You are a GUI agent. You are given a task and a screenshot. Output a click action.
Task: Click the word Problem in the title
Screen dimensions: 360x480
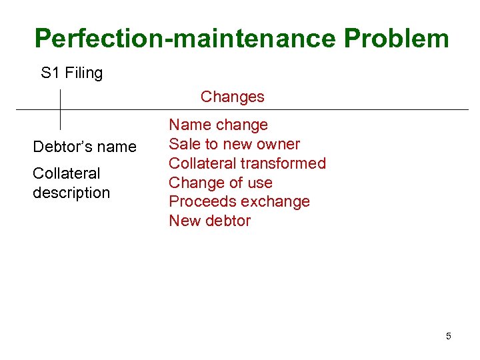pos(397,39)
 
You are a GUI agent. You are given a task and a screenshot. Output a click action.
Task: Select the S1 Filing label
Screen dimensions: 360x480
pos(72,73)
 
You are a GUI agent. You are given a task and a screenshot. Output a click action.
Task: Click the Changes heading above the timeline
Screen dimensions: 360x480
pos(232,97)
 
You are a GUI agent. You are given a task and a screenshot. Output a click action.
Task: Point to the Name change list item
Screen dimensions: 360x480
pos(218,125)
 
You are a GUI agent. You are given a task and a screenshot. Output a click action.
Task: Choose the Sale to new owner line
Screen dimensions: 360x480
pos(234,144)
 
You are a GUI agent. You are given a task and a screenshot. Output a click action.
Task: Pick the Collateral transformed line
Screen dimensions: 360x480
pos(247,163)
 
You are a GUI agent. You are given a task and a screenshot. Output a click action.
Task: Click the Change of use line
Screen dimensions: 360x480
pos(221,183)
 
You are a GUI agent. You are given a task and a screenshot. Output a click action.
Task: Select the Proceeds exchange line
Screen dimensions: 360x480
pos(239,201)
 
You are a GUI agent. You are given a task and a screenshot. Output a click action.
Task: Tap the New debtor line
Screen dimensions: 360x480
pos(209,221)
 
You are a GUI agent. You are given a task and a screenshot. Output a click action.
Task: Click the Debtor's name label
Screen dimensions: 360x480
pos(85,147)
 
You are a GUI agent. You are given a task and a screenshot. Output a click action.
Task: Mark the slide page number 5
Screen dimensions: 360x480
pos(448,336)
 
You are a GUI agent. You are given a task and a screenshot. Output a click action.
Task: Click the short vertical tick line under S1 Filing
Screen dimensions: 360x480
pos(61,108)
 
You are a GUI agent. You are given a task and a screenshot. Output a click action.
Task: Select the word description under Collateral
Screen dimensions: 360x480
pos(71,193)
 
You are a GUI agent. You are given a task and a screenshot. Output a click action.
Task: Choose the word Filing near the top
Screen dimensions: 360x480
pos(84,73)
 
